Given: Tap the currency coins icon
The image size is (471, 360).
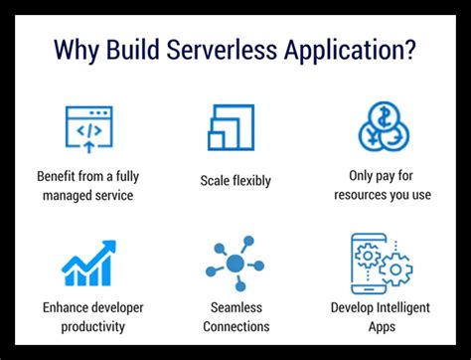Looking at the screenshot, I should (x=383, y=127).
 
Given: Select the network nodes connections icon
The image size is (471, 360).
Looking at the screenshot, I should (x=235, y=264).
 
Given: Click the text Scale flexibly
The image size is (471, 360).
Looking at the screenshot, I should (x=235, y=182).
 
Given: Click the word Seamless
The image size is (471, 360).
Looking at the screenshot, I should (x=235, y=307).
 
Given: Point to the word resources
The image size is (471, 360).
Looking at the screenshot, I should (x=363, y=195).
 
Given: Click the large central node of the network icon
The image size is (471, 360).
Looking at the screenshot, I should (x=235, y=264).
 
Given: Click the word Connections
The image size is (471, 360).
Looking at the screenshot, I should (x=235, y=325).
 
